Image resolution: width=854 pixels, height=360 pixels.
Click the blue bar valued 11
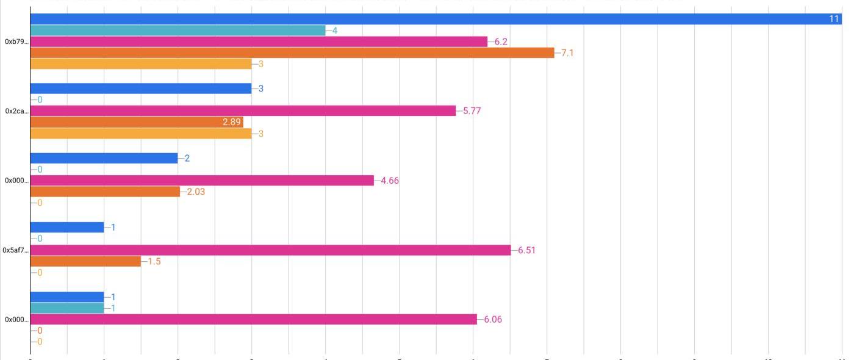[x=427, y=19]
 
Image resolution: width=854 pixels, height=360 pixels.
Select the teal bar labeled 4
[x=178, y=30]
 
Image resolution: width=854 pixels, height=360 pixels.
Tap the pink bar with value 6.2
[x=259, y=41]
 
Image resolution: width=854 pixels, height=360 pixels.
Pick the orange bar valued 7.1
[x=292, y=52]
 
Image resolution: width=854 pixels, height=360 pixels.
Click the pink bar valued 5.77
[x=243, y=110]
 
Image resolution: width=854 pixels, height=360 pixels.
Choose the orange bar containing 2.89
[x=137, y=122]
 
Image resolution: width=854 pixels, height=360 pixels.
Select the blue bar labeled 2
[x=104, y=158]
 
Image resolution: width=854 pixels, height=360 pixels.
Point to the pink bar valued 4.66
[x=202, y=181]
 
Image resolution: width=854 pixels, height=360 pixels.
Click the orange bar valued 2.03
[x=105, y=192]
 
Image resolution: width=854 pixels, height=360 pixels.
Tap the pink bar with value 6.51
[x=270, y=250]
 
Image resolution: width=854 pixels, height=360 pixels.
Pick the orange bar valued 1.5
[x=85, y=261]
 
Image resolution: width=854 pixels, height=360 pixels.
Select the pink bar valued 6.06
[x=253, y=319]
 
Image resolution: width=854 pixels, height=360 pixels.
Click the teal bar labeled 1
[x=67, y=308]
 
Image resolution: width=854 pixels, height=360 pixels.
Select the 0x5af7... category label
[x=15, y=250]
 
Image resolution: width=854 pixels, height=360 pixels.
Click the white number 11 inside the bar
[x=834, y=19]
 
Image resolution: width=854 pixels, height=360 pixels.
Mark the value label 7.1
[x=567, y=53]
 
